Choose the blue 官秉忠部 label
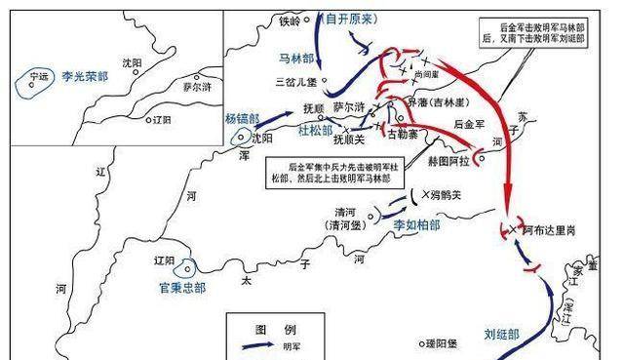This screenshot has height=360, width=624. pos(182,288)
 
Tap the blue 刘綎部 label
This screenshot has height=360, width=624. pos(502,334)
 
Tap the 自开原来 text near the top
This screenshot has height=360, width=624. pos(350,19)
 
